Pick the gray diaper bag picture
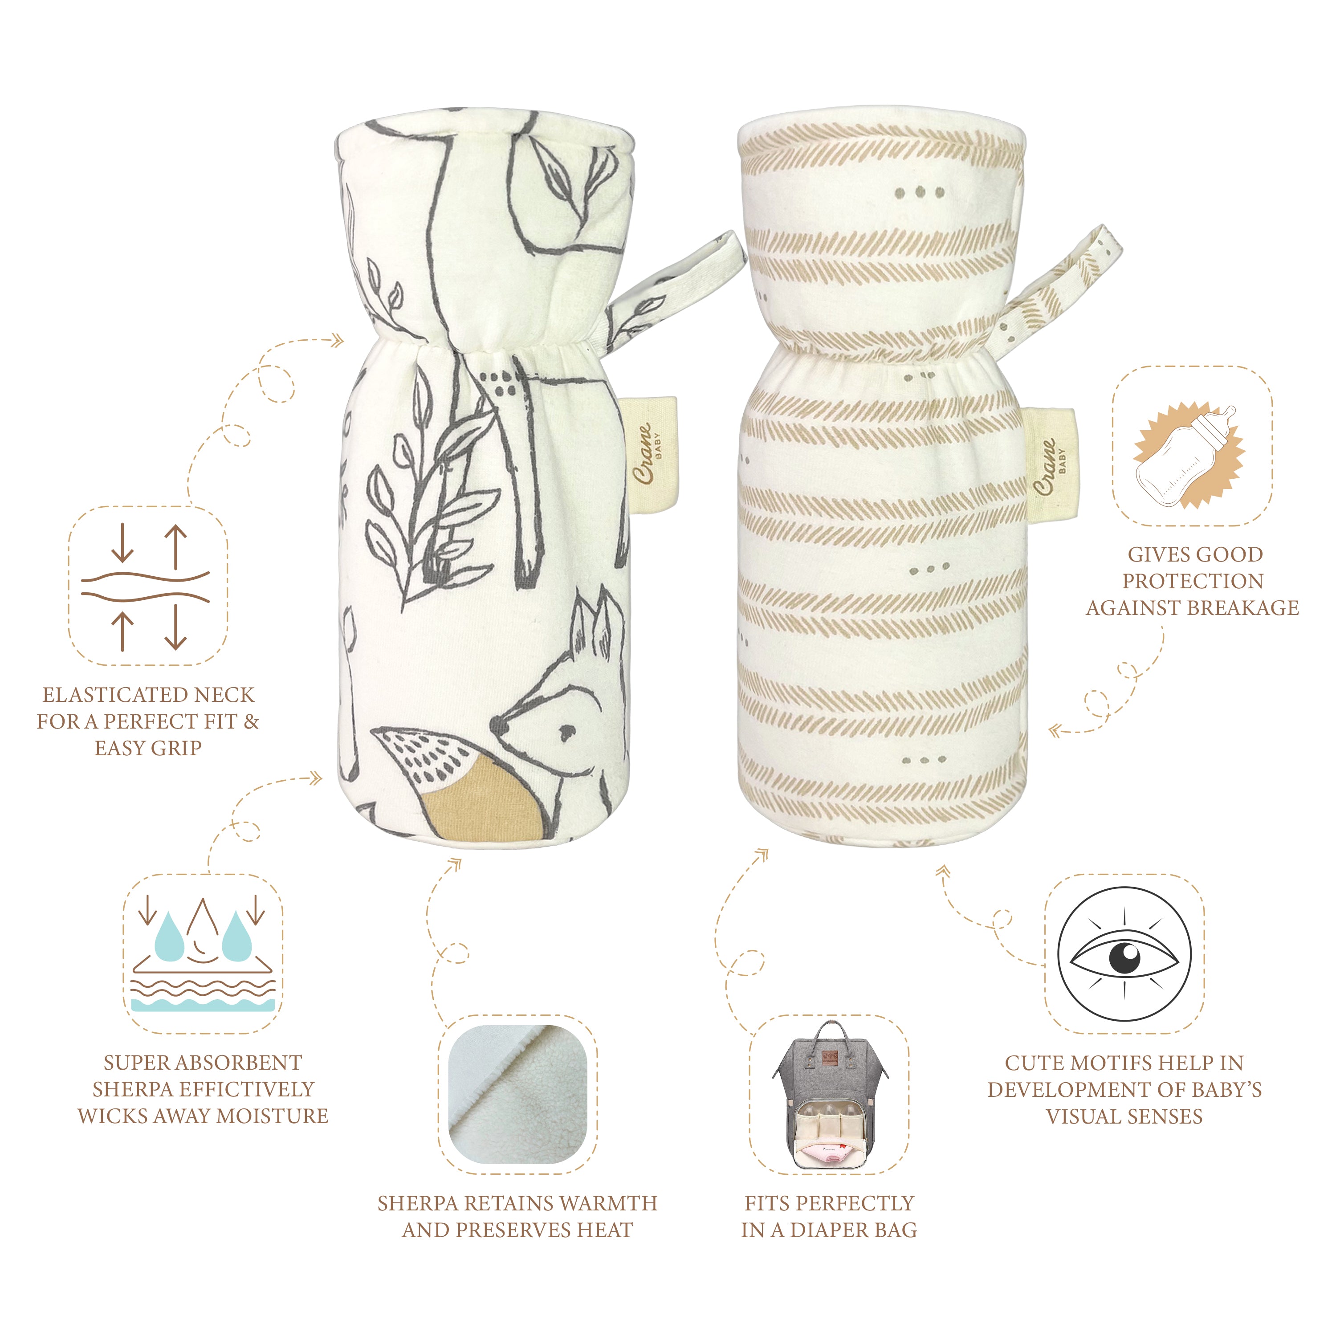tap(829, 1101)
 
